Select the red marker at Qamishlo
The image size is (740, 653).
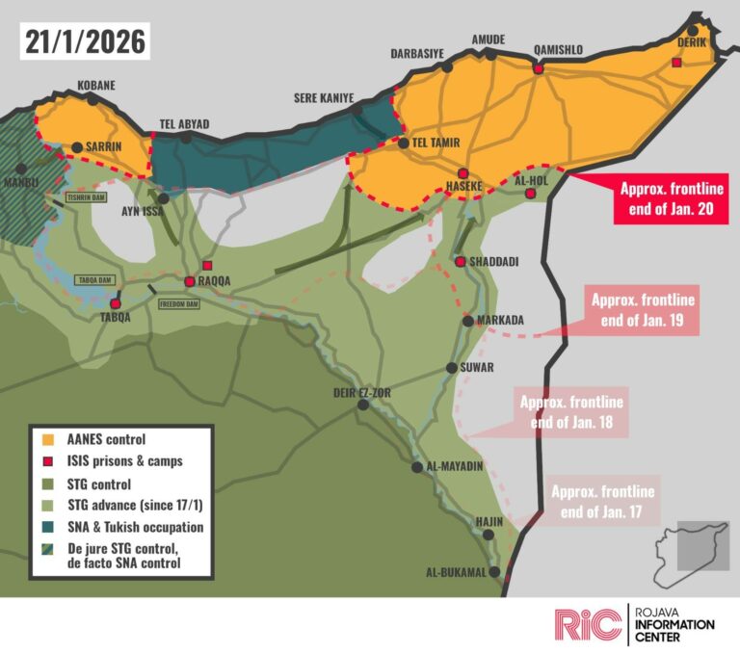pos(539,69)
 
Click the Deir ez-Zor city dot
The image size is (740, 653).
pos(363,405)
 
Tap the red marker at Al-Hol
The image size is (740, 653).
pos(530,195)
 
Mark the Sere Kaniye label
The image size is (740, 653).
pos(324,98)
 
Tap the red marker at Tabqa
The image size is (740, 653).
pos(116,304)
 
